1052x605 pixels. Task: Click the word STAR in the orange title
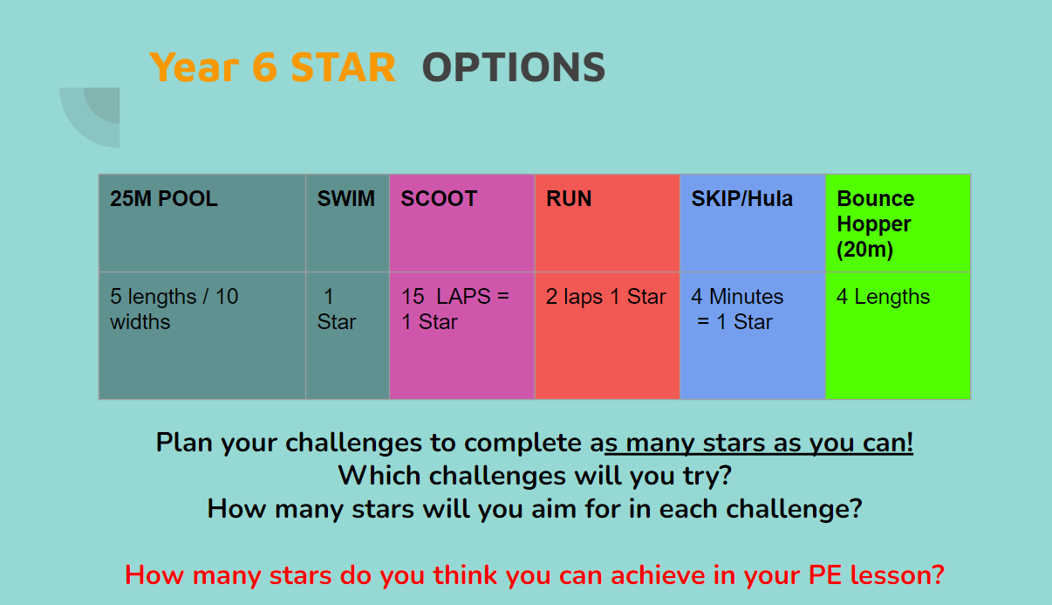[x=344, y=68]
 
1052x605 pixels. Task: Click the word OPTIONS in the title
[x=514, y=68]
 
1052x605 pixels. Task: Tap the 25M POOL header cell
[x=202, y=223]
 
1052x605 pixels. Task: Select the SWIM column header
[x=347, y=223]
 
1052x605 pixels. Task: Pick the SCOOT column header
[x=462, y=223]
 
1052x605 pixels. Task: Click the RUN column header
[x=607, y=223]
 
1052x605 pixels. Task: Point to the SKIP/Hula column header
[x=753, y=223]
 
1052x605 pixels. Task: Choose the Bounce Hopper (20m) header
[x=898, y=223]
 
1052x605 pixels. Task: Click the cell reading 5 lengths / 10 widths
[x=202, y=335]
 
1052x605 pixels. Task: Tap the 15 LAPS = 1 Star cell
[x=462, y=335]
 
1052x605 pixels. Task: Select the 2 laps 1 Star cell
[x=607, y=335]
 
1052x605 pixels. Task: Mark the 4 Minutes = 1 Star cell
[x=753, y=335]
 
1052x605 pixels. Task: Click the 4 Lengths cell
[x=898, y=335]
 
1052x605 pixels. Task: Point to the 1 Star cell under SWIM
[x=347, y=335]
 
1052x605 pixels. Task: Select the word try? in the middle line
[x=707, y=476]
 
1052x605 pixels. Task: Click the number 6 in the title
[x=265, y=68]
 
